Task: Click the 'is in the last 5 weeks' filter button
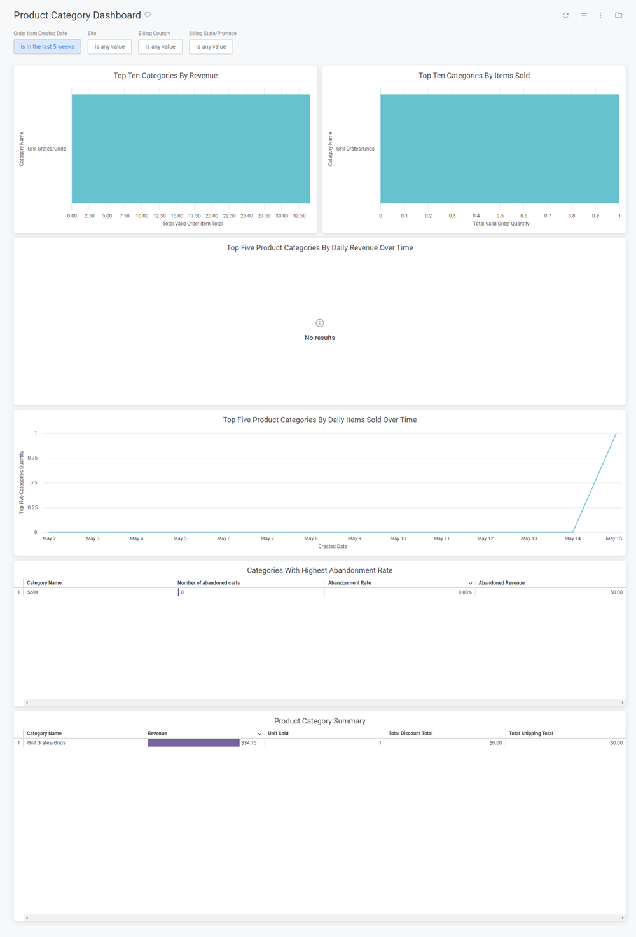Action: (x=47, y=47)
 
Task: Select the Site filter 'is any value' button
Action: (x=109, y=47)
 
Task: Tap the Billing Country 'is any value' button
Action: (x=160, y=47)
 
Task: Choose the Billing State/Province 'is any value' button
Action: (x=211, y=47)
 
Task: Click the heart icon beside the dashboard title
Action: (x=148, y=15)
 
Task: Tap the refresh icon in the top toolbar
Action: (x=565, y=15)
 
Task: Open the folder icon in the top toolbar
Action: (x=618, y=15)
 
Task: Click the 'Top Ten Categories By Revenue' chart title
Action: (x=165, y=76)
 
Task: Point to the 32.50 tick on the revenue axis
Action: (x=299, y=216)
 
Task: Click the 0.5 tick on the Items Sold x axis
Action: (x=500, y=216)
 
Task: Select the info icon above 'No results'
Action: (x=320, y=323)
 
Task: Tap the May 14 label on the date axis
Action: (x=572, y=538)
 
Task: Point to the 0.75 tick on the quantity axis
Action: (x=32, y=458)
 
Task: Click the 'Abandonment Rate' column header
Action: (x=349, y=583)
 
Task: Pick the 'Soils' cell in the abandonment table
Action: (x=32, y=592)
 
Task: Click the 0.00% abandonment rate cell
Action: (x=465, y=592)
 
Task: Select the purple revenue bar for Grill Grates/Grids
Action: (x=193, y=743)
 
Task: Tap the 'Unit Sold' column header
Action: (x=278, y=734)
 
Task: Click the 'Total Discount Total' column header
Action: (x=410, y=734)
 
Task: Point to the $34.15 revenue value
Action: (x=249, y=743)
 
